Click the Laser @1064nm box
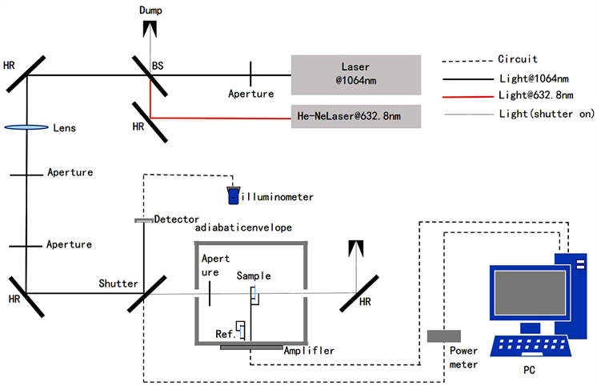click(356, 74)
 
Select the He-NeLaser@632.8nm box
click(356, 118)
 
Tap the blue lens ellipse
click(26, 127)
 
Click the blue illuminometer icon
click(232, 195)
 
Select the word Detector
click(176, 219)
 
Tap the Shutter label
click(118, 283)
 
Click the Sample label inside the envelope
click(254, 275)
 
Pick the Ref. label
click(226, 333)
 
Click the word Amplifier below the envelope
click(309, 351)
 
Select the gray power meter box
click(442, 336)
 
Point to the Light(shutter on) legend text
click(546, 114)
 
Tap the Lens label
click(65, 127)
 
